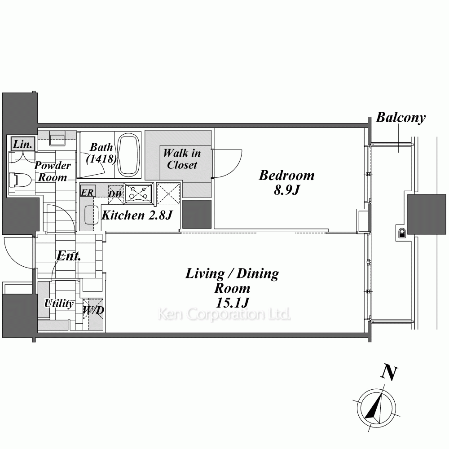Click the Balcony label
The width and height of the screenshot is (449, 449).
point(401,118)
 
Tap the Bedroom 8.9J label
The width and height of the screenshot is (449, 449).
point(286,182)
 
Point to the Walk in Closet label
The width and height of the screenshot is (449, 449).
point(182,159)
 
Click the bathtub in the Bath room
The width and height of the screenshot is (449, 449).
point(129,154)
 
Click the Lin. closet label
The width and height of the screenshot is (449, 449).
point(22,144)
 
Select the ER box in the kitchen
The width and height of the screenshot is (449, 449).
point(88,192)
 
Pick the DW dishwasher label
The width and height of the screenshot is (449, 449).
point(115,194)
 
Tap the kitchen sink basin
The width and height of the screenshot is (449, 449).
point(92,215)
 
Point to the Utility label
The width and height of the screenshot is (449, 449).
point(59,303)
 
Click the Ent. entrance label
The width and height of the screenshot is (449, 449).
point(68,256)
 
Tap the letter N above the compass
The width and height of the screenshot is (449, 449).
point(389,373)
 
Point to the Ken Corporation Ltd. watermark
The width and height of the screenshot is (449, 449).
point(224,314)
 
